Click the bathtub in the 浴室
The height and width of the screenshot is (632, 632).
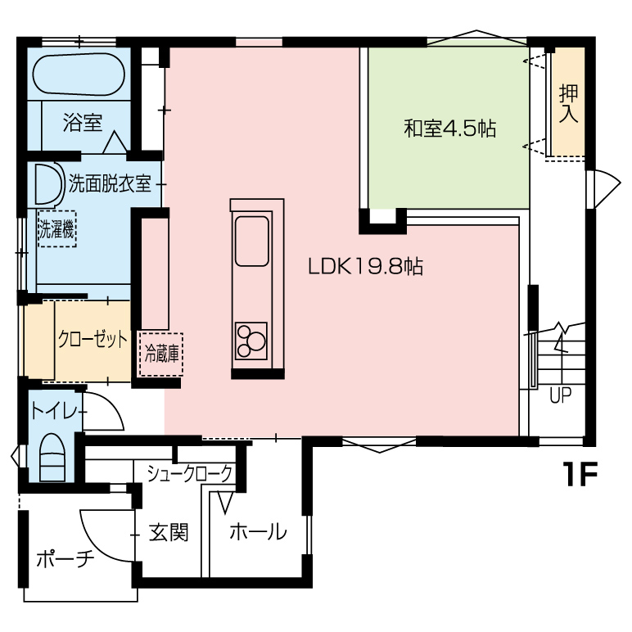tap(79, 75)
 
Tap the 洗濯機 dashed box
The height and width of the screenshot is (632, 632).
tap(57, 229)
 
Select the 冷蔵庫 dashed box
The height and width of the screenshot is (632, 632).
tap(161, 354)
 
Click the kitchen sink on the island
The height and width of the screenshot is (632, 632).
tap(252, 242)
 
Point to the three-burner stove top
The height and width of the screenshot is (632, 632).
tap(251, 341)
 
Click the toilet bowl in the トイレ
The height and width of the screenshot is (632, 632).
tap(52, 458)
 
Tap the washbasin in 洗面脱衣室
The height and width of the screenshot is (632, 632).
tap(49, 184)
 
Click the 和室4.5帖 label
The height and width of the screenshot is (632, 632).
tap(449, 129)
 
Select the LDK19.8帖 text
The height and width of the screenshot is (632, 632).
tap(366, 266)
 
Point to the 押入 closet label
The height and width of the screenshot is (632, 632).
tap(568, 104)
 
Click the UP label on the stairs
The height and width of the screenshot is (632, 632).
tap(561, 395)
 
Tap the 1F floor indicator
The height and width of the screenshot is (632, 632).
tap(580, 474)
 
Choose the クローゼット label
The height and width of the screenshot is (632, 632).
tap(93, 340)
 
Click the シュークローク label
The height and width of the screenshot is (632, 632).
tap(189, 474)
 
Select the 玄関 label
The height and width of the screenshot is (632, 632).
tap(169, 532)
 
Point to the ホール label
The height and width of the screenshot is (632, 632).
tap(258, 531)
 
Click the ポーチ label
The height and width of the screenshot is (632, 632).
tap(65, 559)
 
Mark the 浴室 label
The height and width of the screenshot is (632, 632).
tap(83, 123)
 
